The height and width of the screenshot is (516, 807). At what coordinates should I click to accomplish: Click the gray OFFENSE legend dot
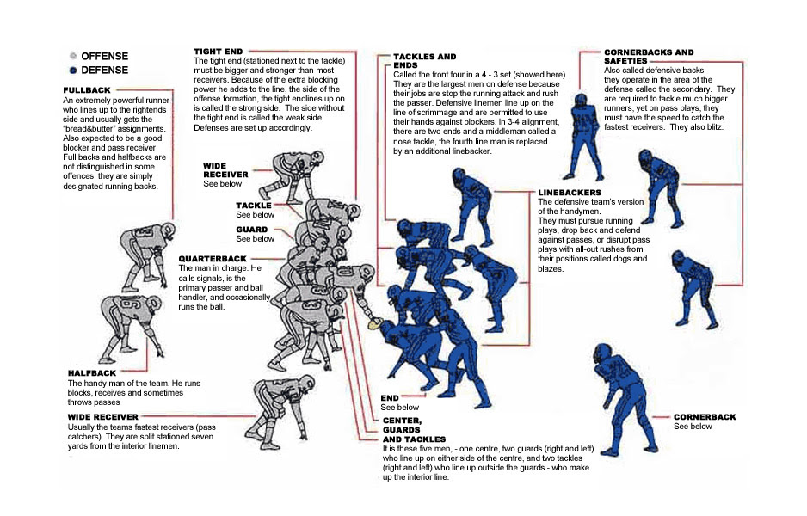click(72, 56)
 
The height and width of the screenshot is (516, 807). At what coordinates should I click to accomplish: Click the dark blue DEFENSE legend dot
click(72, 70)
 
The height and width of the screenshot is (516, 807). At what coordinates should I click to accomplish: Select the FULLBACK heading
click(87, 89)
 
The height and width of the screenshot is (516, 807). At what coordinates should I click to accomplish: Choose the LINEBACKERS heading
click(569, 192)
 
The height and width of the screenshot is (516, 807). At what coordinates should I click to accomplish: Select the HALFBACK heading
click(91, 372)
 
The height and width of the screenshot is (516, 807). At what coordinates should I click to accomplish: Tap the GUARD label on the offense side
click(252, 230)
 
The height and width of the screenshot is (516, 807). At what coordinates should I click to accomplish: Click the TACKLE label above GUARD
click(253, 206)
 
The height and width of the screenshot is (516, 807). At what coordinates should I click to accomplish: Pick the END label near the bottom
click(389, 397)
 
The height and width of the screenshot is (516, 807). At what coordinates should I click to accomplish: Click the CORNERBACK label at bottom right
click(705, 416)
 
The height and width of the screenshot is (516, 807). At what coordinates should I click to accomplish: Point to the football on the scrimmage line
click(374, 324)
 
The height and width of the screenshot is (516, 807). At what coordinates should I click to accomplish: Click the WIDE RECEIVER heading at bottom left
click(102, 416)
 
